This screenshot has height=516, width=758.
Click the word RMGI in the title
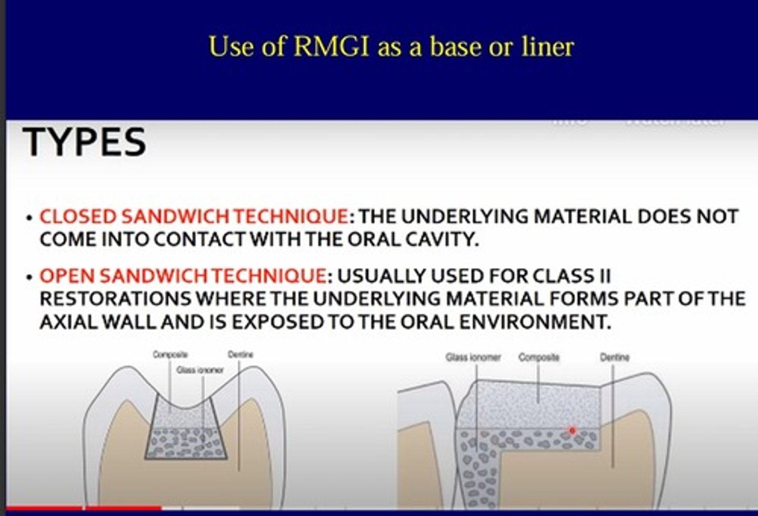tap(331, 46)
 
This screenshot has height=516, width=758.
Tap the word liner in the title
tap(547, 46)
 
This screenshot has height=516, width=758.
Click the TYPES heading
tap(85, 142)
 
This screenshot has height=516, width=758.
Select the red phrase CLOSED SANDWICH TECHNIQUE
tap(194, 217)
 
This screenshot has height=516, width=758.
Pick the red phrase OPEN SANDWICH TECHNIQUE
tap(183, 276)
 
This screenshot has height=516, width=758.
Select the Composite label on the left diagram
tap(170, 355)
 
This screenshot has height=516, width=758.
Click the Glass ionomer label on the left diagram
tap(200, 370)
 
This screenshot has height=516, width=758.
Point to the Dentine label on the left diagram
tap(240, 355)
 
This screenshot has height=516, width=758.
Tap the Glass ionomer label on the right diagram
tap(473, 357)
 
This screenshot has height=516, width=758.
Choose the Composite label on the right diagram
tap(538, 357)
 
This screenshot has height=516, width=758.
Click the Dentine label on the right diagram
tap(614, 357)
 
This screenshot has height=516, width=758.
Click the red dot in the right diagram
tap(573, 431)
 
